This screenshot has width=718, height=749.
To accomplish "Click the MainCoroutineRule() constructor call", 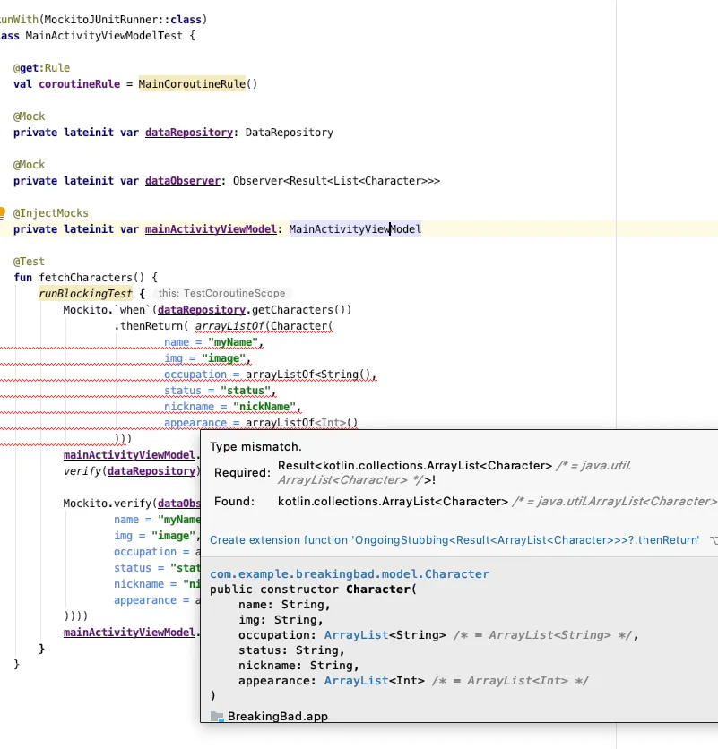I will click(x=197, y=84).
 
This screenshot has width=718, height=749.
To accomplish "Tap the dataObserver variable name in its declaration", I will click(x=183, y=181).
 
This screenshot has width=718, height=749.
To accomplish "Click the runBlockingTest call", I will click(x=84, y=294).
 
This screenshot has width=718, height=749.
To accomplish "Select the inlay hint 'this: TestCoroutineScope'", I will click(x=220, y=294).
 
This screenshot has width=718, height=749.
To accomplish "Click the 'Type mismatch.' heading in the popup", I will click(x=255, y=446).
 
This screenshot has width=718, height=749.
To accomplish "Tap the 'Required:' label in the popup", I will click(x=241, y=472).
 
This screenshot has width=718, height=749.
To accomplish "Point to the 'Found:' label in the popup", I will click(x=234, y=502).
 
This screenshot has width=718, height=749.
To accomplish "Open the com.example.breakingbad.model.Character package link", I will click(x=350, y=573).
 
